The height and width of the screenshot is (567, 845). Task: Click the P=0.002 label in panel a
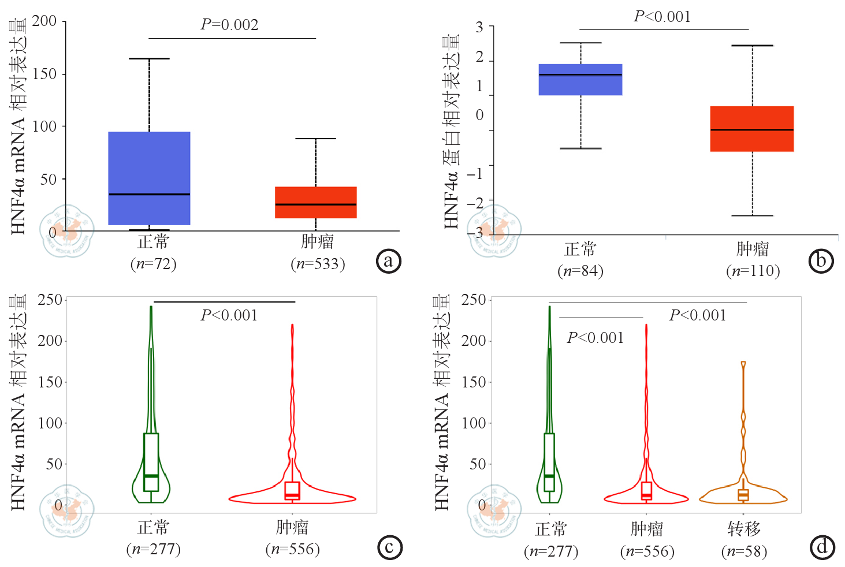coord(229,25)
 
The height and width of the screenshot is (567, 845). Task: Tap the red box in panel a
coord(315,202)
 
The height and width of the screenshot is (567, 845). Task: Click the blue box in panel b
coord(580,79)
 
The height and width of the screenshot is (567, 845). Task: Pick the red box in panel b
coord(752,129)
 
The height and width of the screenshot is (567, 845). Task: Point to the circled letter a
coord(388,261)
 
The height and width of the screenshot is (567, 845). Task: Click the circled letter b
coord(821,261)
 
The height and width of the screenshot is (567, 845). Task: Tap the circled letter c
coord(389,547)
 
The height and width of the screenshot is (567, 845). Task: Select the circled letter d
coord(822,546)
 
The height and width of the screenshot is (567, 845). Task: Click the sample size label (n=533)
coord(318,264)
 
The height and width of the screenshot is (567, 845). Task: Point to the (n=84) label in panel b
coord(580,271)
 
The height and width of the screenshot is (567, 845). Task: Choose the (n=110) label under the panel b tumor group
coord(753,271)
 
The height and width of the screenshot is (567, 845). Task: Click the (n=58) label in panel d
coord(744,551)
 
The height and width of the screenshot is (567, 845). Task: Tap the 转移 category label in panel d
coord(744,528)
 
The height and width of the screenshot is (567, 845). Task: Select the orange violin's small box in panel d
coord(743,495)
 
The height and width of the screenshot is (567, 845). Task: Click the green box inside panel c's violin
coord(151,462)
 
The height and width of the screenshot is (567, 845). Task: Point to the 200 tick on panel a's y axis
coord(44,22)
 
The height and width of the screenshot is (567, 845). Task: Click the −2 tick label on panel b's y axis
coord(475,203)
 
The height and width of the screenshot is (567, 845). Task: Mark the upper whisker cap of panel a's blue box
coord(149,59)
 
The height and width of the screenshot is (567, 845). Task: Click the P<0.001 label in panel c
coord(229,315)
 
